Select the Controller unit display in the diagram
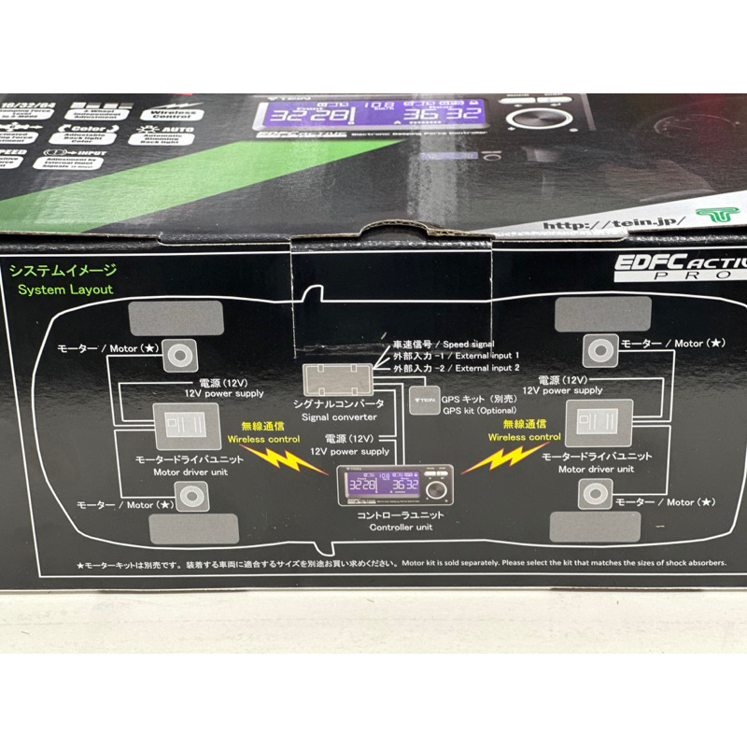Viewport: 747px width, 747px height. (x=397, y=486)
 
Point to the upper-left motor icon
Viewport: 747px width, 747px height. (x=184, y=353)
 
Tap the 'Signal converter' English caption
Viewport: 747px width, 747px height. (x=341, y=416)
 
